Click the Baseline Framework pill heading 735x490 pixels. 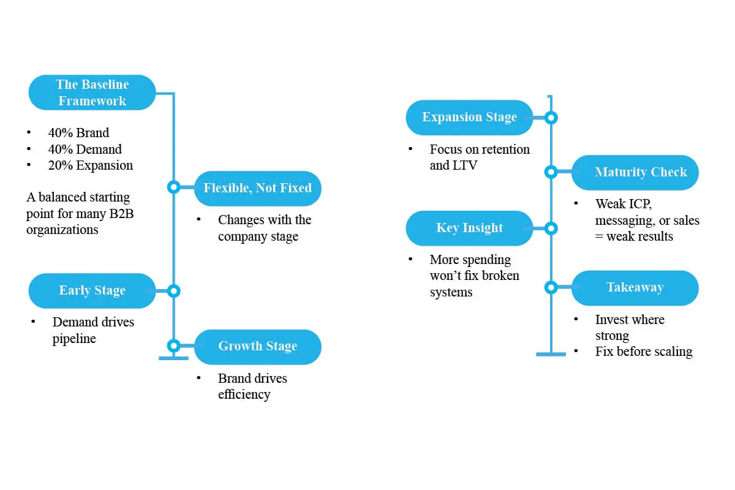coord(92,92)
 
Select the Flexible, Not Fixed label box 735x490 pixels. coord(257,188)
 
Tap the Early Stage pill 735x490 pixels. coord(92,291)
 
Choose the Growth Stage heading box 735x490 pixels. coord(257,347)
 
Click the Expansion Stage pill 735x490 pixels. coord(469,118)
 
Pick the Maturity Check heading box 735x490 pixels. coord(635,172)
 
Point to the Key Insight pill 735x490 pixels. coord(469,228)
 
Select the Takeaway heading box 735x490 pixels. coord(635,287)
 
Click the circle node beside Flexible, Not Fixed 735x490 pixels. coord(174,187)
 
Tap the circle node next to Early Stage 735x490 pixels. coord(174,291)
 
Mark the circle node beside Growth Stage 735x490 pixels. coord(174,345)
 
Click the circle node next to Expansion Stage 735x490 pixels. coord(551,118)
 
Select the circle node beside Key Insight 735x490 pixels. coord(551,228)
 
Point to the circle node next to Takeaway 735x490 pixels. coord(551,287)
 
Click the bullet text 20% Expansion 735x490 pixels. coord(90,165)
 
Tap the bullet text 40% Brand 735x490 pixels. coord(78,133)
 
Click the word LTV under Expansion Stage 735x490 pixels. coord(465,165)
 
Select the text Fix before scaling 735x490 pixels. coord(643,352)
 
